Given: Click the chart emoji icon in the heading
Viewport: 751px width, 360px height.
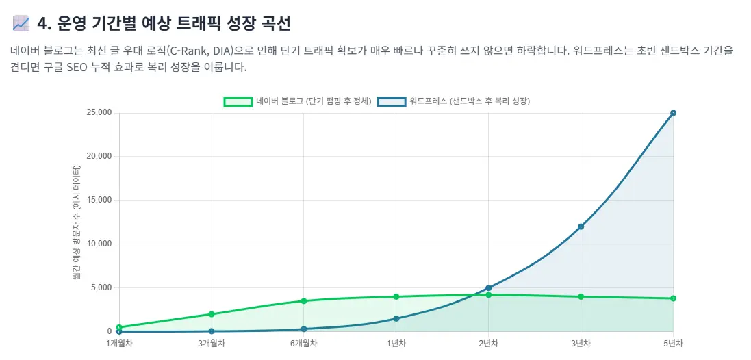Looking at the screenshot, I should [21, 23].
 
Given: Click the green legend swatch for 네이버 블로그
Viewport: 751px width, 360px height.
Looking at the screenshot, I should [238, 101].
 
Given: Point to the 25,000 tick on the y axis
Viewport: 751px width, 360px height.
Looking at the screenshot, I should [99, 113].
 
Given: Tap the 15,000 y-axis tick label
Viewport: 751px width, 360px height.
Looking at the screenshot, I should [99, 201].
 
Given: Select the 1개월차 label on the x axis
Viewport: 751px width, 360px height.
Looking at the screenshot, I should [119, 343].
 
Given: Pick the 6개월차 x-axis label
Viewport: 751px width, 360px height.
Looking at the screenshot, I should [304, 343].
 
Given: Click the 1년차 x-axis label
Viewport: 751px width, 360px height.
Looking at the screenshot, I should [396, 343].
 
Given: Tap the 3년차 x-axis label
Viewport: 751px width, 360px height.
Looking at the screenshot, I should [581, 343].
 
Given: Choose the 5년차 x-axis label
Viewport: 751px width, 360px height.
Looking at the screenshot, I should [673, 343].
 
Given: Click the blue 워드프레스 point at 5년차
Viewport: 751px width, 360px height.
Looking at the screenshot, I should [673, 113].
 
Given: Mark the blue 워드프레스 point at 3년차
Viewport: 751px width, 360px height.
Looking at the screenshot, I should [581, 227].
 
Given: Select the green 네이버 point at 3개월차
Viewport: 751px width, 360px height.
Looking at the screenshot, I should [212, 314].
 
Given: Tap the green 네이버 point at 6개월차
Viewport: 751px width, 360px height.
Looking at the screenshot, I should [304, 301].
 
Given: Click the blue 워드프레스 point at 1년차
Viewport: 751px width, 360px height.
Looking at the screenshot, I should [396, 318].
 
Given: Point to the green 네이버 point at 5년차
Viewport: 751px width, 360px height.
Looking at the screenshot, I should [673, 298].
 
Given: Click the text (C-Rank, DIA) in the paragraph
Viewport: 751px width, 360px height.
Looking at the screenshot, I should [197, 51].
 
